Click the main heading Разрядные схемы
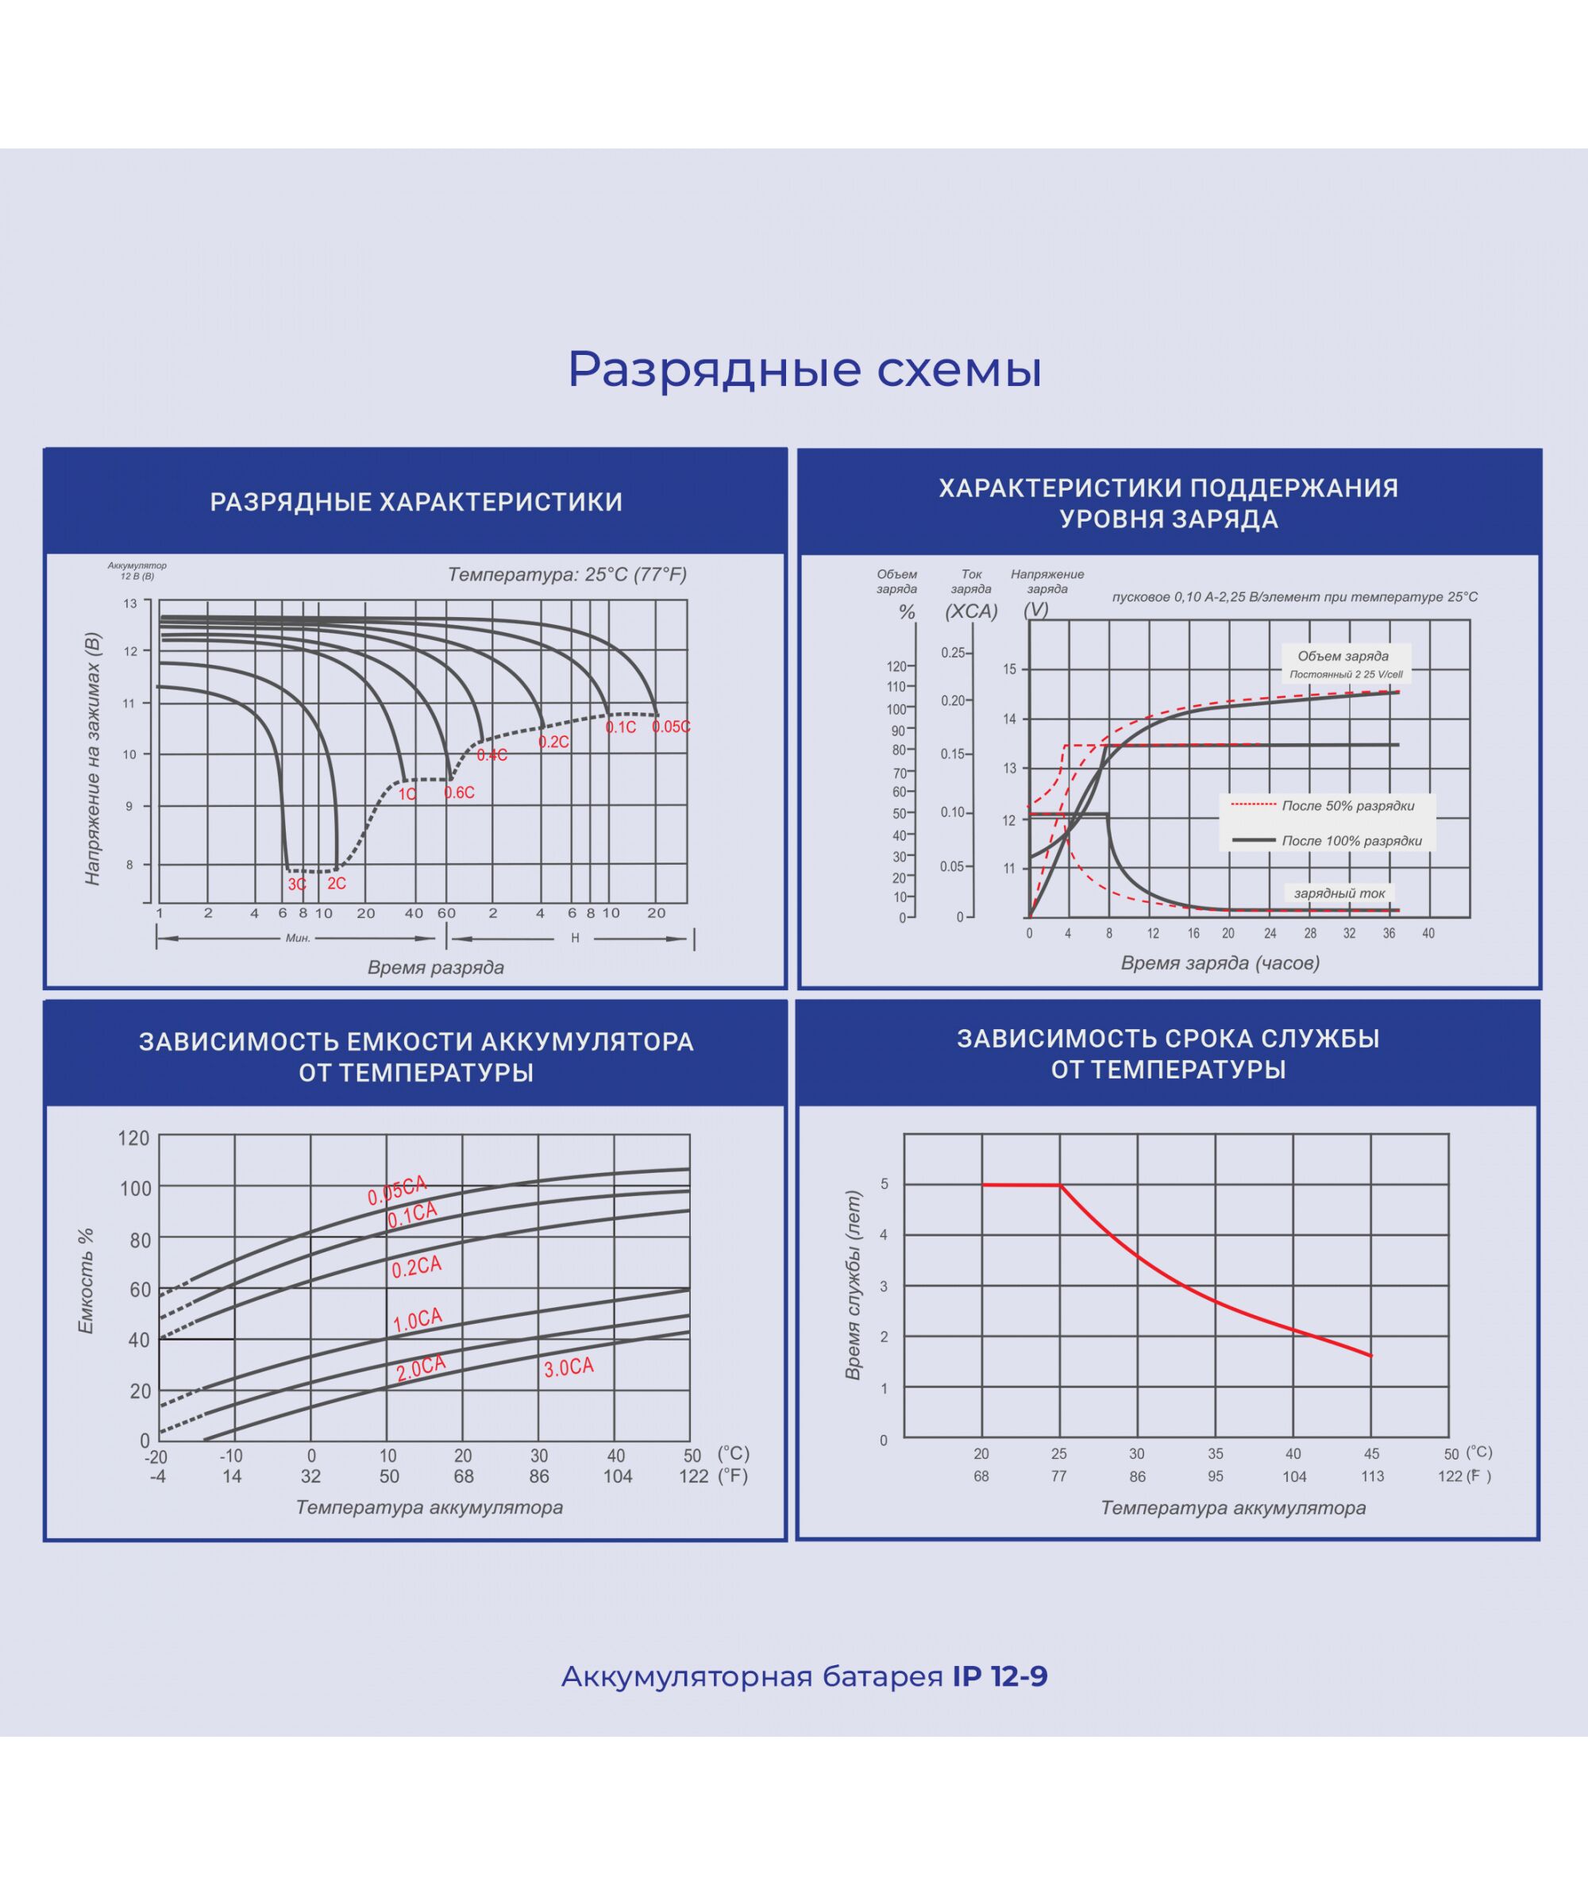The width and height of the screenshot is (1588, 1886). (804, 369)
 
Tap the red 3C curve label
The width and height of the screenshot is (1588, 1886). (297, 884)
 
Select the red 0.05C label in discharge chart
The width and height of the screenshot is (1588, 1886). (671, 727)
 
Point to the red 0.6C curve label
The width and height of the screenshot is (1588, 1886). (459, 793)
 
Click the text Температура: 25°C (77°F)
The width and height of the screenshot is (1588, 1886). (567, 574)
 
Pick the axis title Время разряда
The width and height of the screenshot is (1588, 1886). (436, 967)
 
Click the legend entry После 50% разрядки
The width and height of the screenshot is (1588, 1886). (1347, 806)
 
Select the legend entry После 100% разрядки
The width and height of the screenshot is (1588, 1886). (1351, 841)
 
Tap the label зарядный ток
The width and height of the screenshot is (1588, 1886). (1339, 893)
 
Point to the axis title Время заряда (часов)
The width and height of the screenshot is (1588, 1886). (1220, 962)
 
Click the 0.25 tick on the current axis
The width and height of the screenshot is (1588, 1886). (953, 653)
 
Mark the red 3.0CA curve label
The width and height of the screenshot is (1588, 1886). (569, 1367)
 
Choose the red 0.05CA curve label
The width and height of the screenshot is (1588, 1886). (396, 1190)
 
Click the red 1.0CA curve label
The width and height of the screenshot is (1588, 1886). (418, 1320)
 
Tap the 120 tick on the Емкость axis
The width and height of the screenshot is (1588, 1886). (133, 1138)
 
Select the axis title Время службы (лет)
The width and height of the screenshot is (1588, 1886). (853, 1285)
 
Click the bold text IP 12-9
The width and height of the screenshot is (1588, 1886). (1000, 1676)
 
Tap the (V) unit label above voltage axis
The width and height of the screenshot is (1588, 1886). (1036, 609)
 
